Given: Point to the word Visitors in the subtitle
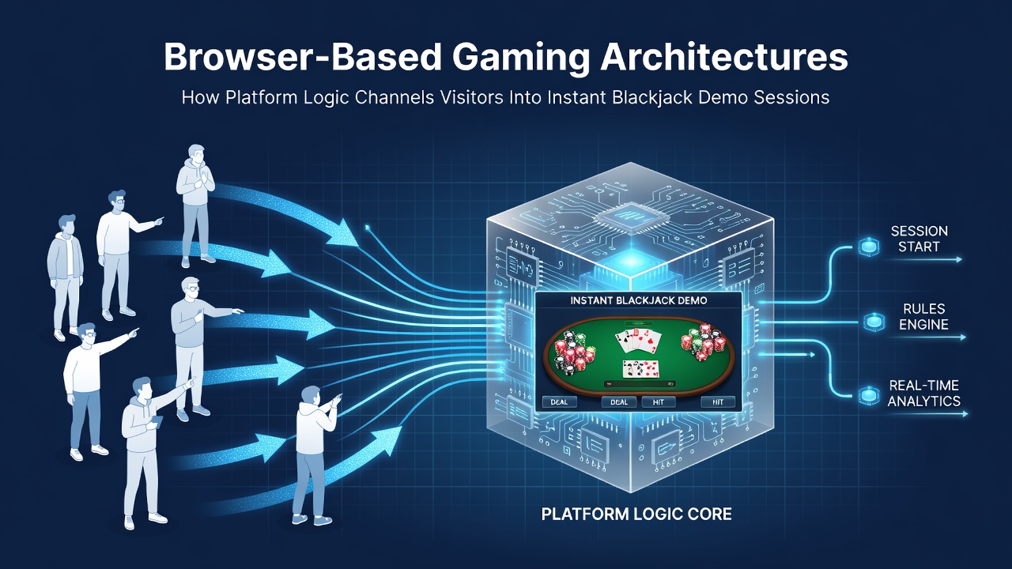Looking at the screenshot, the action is [471, 97].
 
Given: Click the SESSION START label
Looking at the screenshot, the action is [919, 239].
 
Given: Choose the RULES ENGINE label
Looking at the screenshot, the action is [923, 317].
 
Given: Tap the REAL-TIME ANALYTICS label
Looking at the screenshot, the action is [923, 393].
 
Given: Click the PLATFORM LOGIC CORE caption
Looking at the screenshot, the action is [636, 514].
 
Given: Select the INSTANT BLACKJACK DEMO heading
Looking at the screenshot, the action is [638, 300].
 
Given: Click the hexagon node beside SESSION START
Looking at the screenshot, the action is [868, 247].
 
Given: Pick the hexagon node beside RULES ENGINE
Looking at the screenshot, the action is [874, 322].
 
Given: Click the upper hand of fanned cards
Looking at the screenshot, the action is [638, 341].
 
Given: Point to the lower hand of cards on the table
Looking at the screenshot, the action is [640, 369].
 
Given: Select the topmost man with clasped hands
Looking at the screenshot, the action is [195, 205].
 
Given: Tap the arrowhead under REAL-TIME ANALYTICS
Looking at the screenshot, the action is [965, 413].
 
